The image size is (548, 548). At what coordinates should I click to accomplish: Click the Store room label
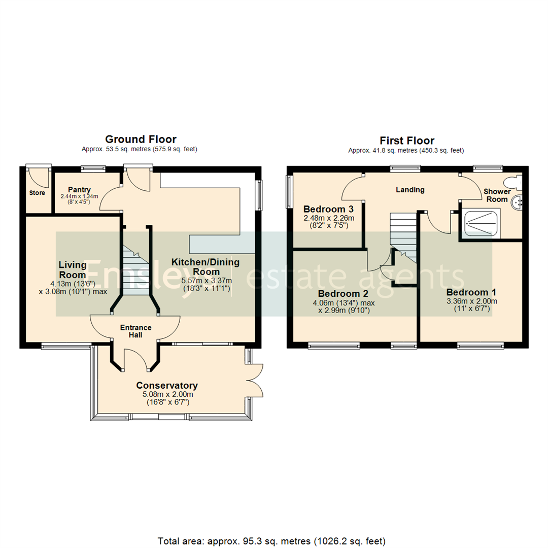(x=37, y=193)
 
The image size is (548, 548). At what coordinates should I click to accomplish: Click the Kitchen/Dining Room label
(x=205, y=267)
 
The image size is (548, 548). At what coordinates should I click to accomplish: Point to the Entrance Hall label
(x=135, y=331)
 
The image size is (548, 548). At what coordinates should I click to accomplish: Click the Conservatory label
(x=167, y=385)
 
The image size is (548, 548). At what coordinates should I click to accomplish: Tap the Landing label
(x=410, y=190)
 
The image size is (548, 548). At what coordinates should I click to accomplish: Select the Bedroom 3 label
(x=328, y=209)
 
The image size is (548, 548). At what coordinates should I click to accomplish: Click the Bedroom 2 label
(x=343, y=294)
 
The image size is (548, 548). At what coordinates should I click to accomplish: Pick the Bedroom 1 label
(x=471, y=292)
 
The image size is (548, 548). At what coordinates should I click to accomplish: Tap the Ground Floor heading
(x=141, y=139)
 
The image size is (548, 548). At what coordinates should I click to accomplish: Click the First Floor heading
(x=407, y=141)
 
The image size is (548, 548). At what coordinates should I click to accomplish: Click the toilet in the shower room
(x=513, y=181)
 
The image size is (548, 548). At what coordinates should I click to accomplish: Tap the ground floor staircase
(x=135, y=269)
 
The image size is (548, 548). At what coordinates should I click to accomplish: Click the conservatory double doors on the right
(x=255, y=381)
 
